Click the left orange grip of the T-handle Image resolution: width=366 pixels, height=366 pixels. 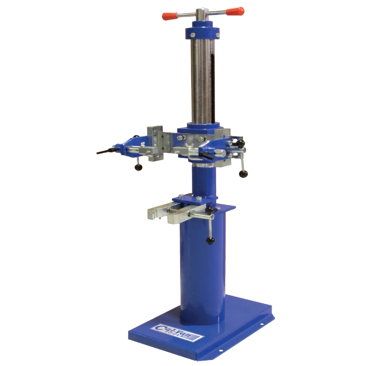[168, 16]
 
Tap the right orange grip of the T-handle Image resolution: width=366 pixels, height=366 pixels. [235, 11]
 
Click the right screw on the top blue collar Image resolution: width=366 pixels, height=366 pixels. [218, 36]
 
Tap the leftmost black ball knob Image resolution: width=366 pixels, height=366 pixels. [139, 167]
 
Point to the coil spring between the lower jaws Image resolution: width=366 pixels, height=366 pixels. [173, 211]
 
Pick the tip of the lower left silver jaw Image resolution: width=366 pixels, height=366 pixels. [151, 215]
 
